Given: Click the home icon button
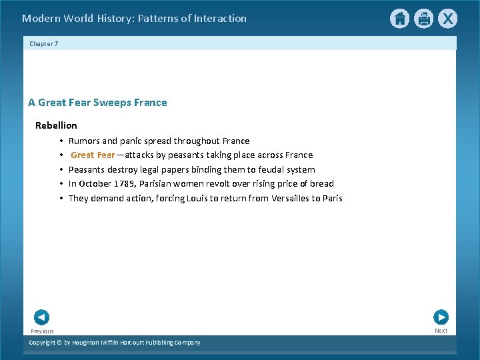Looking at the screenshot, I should (399, 19).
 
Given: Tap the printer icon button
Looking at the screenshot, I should (423, 19).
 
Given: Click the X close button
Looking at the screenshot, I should (447, 19).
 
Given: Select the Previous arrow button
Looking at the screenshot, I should (41, 317).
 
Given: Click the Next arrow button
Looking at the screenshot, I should (441, 317).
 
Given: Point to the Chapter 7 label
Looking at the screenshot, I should (44, 43).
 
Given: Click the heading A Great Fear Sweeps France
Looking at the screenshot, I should (97, 103).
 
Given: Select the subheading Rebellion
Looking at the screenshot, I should (56, 125).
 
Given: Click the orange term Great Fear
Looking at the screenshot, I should (93, 155).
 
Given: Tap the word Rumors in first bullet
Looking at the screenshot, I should (84, 141).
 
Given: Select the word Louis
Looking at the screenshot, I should (196, 199).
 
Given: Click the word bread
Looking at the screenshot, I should (321, 184).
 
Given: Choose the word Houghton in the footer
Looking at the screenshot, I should (88, 343).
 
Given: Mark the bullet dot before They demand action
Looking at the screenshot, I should (61, 199).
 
